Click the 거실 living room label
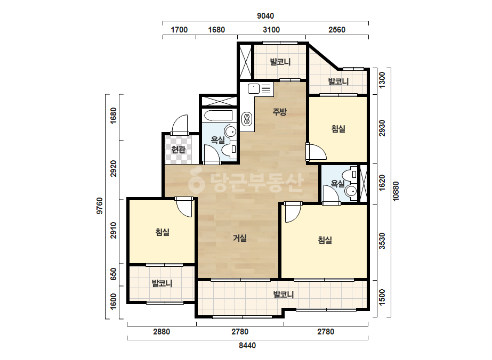(240, 239)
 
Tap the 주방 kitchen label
(279, 112)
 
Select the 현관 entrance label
(178, 150)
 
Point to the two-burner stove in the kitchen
(247, 119)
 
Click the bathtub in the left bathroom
(219, 115)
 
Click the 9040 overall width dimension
(265, 15)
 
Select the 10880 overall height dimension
(396, 191)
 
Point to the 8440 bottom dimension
(247, 346)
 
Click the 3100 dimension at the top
(271, 30)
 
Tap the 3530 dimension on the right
(382, 241)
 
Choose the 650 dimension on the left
(114, 274)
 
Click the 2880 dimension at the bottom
(162, 331)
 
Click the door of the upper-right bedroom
(316, 152)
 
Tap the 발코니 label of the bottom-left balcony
(162, 283)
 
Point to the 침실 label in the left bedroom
(163, 232)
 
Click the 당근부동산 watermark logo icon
(196, 182)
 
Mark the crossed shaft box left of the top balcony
(245, 61)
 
